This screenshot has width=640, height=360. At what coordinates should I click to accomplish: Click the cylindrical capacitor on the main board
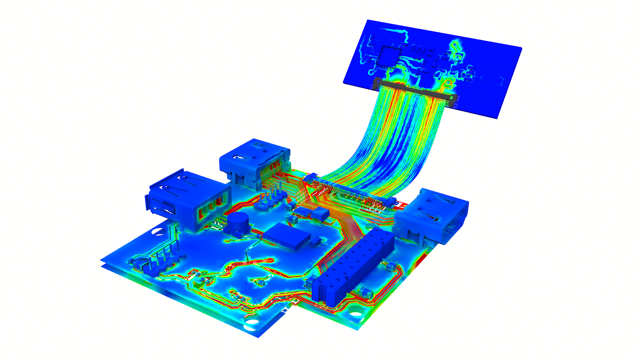pos(238,223)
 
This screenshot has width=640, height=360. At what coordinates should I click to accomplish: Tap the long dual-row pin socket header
pos(353,267)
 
